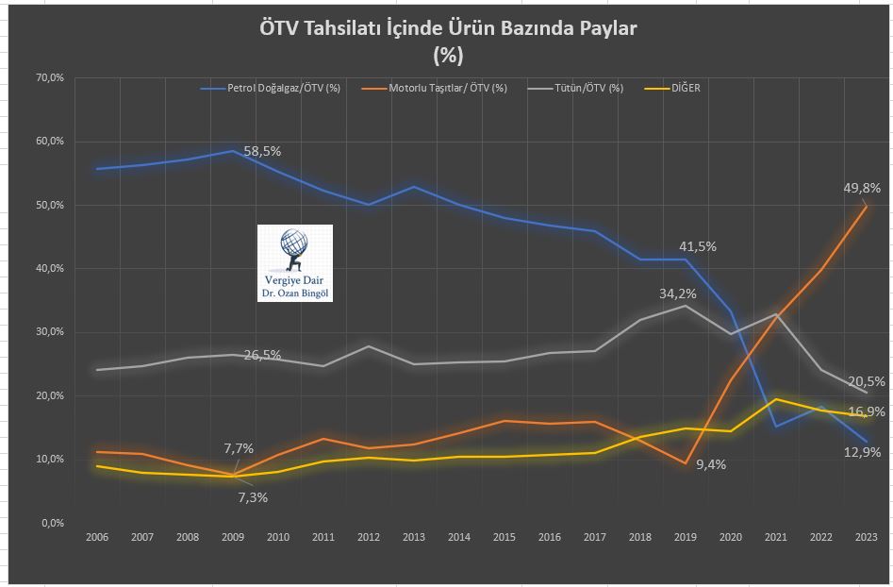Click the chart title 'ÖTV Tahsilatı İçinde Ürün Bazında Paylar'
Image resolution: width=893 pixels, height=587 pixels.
click(448, 28)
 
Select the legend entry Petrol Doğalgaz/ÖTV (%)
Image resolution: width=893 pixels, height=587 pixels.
click(283, 89)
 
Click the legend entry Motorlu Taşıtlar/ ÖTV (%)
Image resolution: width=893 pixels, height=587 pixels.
click(447, 89)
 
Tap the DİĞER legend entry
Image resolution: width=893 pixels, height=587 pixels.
click(685, 89)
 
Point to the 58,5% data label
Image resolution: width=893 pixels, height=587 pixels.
click(262, 151)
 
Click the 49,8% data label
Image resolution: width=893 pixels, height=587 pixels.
click(862, 188)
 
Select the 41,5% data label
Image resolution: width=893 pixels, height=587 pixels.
click(698, 246)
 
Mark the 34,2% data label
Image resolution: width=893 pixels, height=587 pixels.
click(678, 293)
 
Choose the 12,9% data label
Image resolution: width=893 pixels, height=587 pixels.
click(862, 452)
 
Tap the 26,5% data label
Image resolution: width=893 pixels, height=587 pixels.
click(262, 355)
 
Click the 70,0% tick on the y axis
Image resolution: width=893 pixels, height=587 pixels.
click(49, 77)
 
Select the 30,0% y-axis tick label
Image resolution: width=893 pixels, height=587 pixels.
click(49, 332)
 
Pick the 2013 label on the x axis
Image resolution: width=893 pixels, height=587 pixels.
click(413, 537)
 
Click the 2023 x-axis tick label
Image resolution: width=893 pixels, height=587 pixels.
click(866, 537)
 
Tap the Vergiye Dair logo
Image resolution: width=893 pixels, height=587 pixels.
click(295, 263)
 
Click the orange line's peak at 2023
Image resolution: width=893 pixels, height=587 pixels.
click(866, 206)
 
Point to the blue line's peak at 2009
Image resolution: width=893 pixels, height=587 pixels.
click(232, 150)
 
